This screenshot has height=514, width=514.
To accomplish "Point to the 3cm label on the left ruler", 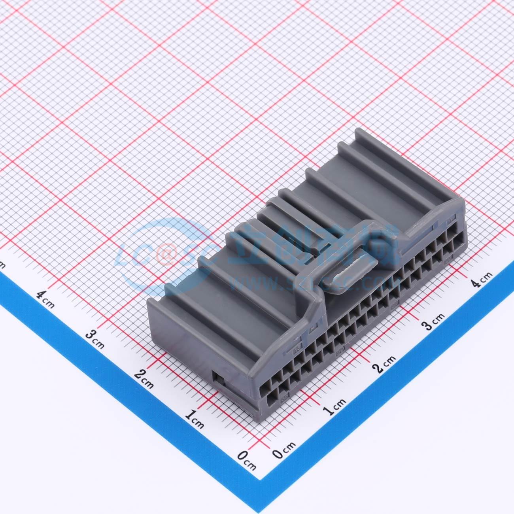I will point(94,339).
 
